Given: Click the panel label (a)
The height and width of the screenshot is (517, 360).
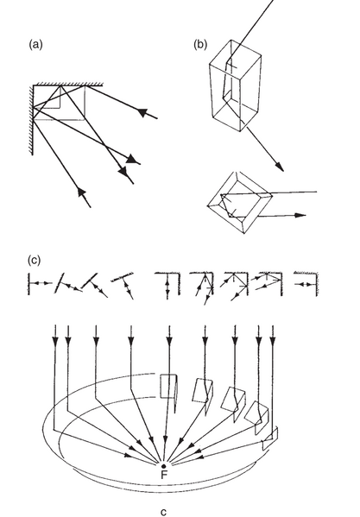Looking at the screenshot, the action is pyautogui.click(x=35, y=44).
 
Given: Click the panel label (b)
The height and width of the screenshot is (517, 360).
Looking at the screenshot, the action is pyautogui.click(x=200, y=44).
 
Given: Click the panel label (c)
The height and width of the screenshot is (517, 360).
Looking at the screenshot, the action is pyautogui.click(x=34, y=260).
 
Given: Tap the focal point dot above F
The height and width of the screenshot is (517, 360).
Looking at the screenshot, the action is pyautogui.click(x=163, y=466).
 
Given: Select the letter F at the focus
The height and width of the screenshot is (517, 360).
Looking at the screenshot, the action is pyautogui.click(x=164, y=475).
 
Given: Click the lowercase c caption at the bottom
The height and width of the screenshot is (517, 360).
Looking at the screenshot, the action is pyautogui.click(x=163, y=512).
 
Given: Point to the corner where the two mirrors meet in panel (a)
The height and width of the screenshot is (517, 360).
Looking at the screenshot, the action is pyautogui.click(x=34, y=85).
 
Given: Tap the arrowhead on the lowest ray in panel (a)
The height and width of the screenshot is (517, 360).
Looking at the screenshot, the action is pyautogui.click(x=81, y=192).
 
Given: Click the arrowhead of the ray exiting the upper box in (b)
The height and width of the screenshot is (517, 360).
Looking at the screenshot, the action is pyautogui.click(x=279, y=167).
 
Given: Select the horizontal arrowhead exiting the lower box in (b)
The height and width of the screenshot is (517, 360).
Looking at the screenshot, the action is pyautogui.click(x=300, y=215).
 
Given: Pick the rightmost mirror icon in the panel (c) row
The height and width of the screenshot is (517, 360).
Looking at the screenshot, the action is pyautogui.click(x=306, y=283).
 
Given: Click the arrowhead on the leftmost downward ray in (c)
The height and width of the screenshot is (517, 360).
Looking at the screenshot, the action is pyautogui.click(x=55, y=341).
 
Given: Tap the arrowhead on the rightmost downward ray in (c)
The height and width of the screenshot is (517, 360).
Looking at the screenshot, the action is pyautogui.click(x=272, y=341).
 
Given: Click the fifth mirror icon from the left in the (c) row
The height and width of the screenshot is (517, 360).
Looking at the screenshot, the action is pyautogui.click(x=168, y=284).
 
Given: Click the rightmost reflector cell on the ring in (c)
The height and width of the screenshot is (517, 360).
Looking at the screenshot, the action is pyautogui.click(x=270, y=438).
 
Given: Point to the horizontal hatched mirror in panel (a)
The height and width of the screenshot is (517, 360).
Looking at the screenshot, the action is pyautogui.click(x=68, y=85).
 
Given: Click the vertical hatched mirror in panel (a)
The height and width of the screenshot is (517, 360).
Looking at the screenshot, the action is pyautogui.click(x=31, y=120).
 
